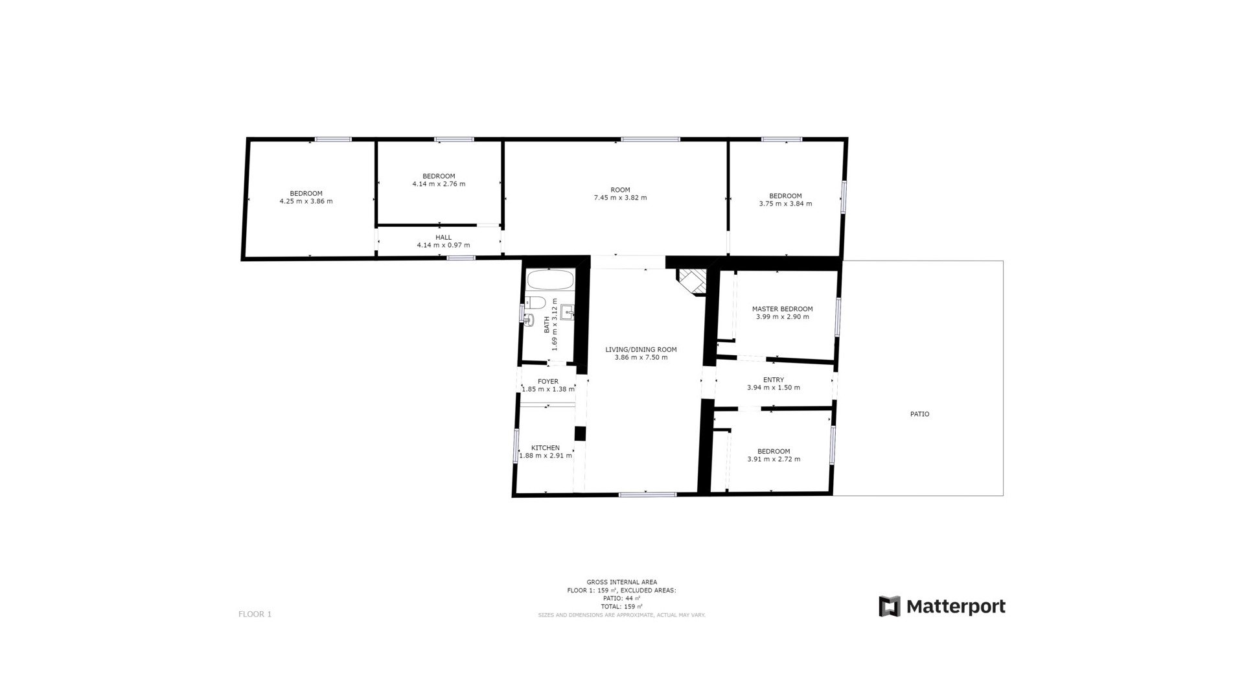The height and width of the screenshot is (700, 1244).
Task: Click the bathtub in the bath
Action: [550, 280]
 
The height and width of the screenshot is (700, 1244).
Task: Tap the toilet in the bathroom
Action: [535, 302]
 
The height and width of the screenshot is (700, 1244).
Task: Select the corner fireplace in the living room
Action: [691, 282]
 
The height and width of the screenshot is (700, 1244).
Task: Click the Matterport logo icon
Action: [890, 606]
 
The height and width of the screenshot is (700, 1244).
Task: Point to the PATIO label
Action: [919, 414]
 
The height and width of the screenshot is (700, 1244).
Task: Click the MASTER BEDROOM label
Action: [782, 309]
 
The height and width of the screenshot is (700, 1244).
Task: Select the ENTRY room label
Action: [774, 380]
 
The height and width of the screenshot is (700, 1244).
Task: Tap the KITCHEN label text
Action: [546, 448]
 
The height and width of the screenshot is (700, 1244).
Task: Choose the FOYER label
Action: [548, 382]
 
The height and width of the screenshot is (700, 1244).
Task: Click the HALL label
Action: [444, 237]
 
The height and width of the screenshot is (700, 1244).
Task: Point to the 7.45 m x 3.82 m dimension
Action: [620, 198]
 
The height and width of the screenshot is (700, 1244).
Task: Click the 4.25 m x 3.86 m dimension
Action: [306, 201]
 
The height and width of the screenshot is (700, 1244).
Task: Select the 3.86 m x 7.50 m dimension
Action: [641, 357]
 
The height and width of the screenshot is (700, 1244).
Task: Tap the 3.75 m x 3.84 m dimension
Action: [785, 204]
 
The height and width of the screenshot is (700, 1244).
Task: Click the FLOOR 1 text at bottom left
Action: [255, 614]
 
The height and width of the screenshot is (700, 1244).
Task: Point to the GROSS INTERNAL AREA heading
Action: [621, 582]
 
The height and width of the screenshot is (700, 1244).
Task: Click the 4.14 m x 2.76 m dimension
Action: [439, 184]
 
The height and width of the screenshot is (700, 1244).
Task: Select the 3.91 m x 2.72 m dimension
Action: [774, 459]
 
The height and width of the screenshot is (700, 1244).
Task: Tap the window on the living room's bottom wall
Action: [647, 495]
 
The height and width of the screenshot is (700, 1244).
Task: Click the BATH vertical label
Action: [547, 325]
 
